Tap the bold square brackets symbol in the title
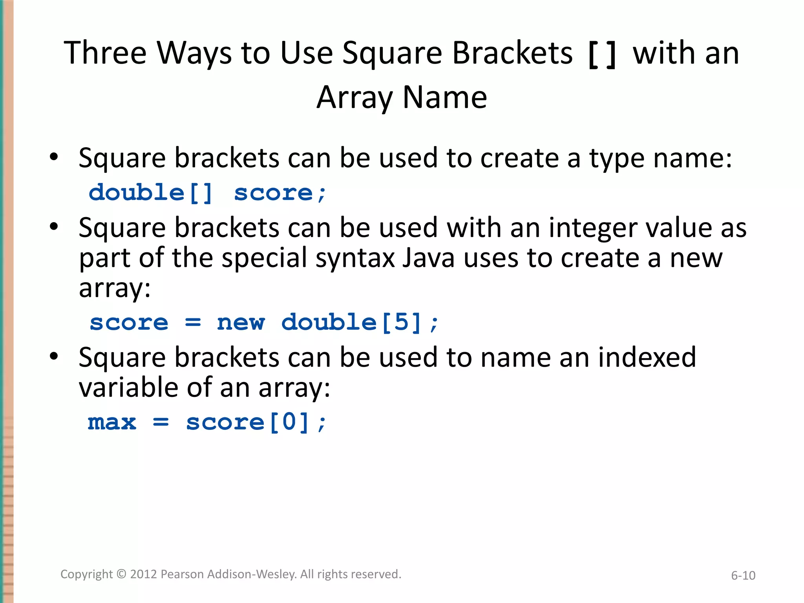tap(602, 55)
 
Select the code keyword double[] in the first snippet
tap(151, 193)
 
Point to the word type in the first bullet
tap(616, 159)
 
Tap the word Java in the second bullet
tap(428, 258)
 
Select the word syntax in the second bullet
tap(355, 259)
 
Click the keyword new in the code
tap(241, 323)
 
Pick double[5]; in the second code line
tap(360, 323)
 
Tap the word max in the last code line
tap(112, 422)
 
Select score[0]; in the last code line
tap(256, 422)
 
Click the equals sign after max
tap(161, 422)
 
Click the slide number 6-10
tap(743, 576)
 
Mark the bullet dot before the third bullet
tap(54, 356)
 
